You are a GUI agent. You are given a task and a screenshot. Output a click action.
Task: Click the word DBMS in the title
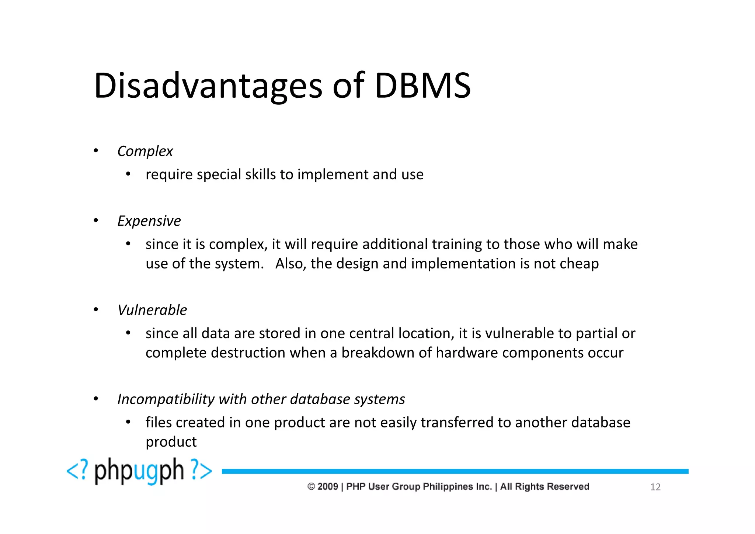(422, 86)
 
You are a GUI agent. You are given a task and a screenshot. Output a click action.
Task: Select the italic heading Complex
(145, 151)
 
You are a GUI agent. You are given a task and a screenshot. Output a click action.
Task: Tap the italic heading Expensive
(149, 221)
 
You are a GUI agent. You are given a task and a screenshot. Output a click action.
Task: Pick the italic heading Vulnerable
(152, 310)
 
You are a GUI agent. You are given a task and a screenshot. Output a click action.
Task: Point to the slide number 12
(655, 487)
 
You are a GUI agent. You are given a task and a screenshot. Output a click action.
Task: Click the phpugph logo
(139, 471)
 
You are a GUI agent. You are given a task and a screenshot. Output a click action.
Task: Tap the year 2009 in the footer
(327, 486)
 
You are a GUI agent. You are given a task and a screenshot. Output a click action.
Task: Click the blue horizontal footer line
(455, 471)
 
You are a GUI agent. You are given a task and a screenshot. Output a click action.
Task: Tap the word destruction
(248, 353)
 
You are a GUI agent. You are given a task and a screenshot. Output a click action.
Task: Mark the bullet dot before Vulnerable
(96, 310)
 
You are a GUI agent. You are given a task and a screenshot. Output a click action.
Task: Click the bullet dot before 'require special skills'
(128, 174)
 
